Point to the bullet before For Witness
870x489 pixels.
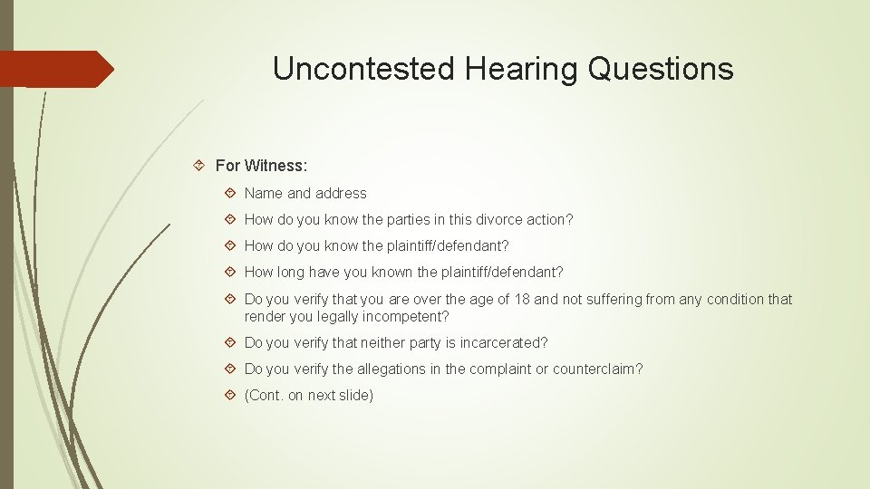tap(200, 166)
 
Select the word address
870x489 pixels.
tap(341, 193)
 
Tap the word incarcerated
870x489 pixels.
tap(504, 343)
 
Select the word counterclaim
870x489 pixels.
tap(597, 369)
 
